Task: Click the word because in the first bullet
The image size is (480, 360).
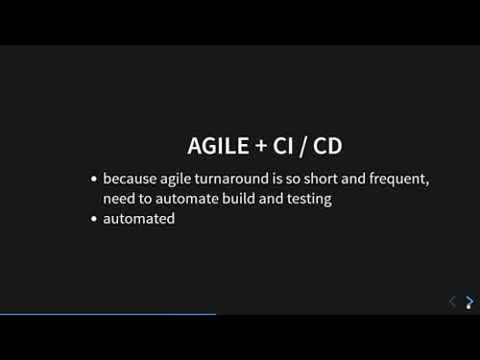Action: [128, 179]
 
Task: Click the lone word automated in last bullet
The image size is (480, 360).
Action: [139, 219]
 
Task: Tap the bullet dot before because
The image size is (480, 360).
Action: [93, 180]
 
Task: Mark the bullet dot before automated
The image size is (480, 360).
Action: [93, 220]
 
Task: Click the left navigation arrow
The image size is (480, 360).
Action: [452, 301]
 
